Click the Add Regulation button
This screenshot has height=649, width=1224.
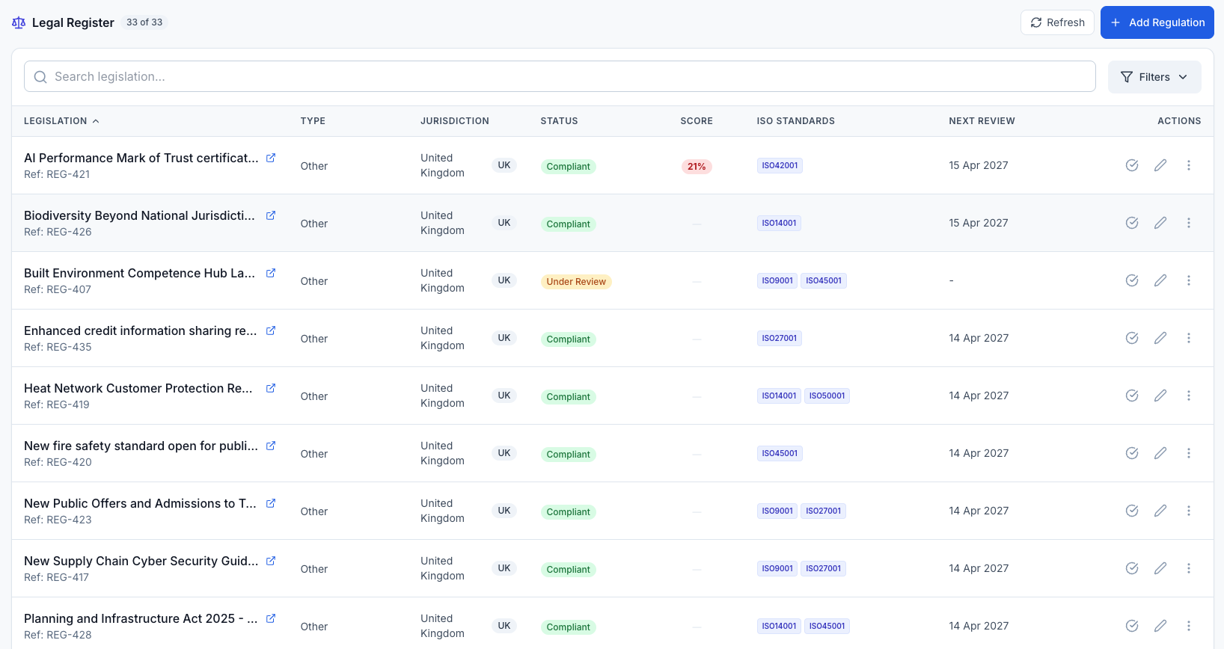1157,22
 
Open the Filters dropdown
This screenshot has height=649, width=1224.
1154,77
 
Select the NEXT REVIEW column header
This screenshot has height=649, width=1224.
982,121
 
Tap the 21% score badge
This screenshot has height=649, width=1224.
696,167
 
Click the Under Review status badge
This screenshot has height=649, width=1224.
575,282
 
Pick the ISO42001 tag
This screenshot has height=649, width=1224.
780,165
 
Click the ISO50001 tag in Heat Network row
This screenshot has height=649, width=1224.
827,396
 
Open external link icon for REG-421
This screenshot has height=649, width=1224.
271,158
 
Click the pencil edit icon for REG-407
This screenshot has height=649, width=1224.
1160,280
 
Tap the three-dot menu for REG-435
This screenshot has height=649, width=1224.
1188,338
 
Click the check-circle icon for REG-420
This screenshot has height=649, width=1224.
1131,453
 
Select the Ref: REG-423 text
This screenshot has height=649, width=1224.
58,520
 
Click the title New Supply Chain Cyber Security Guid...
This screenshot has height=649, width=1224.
141,561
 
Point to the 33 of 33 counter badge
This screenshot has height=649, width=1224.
144,22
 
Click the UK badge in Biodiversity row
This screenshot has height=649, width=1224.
504,223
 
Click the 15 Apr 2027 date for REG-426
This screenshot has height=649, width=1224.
978,223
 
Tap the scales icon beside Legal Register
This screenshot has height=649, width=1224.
19,22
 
